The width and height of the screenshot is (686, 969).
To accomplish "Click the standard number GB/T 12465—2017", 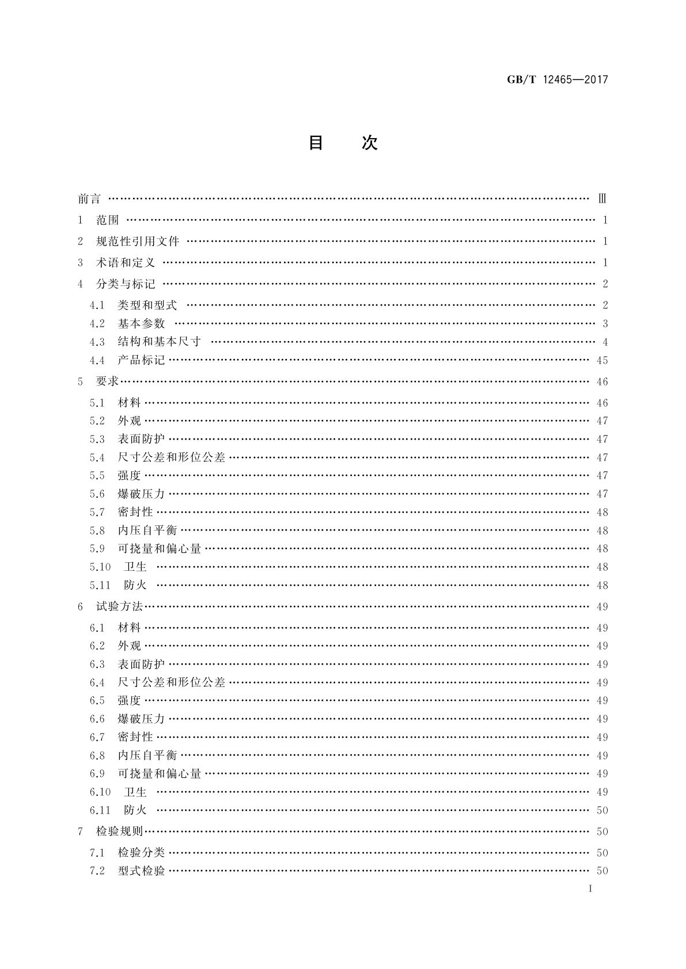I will tap(557, 80).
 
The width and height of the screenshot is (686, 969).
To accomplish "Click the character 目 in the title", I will tap(316, 143).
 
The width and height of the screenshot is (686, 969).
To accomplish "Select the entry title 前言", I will tap(89, 199).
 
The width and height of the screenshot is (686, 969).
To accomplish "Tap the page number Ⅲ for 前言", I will tap(602, 199).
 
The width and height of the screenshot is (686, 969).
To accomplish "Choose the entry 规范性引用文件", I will tap(138, 241).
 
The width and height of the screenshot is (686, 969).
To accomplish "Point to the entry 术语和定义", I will tap(126, 262).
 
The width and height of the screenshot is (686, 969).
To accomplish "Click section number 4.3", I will tap(97, 342).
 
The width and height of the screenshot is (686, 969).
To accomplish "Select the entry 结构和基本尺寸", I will tap(160, 342).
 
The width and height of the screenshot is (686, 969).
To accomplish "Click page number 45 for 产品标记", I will tap(602, 361).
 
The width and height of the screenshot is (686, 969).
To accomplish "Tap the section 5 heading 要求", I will tap(107, 382).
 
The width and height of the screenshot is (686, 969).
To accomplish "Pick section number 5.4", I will tap(97, 457).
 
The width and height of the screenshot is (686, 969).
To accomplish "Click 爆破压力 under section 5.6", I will tap(141, 494).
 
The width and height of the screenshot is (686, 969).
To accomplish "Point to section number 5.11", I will tap(100, 585).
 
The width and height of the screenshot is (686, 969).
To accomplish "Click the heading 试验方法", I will tap(119, 606).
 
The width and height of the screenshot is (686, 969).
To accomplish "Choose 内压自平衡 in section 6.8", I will tap(147, 755).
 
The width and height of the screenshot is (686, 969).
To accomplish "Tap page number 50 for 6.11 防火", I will tap(602, 810).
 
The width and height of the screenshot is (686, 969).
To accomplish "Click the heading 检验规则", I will tap(119, 831).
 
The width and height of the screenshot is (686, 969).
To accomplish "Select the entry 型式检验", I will tap(141, 871).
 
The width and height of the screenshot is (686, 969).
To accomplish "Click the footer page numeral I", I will tap(590, 888).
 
